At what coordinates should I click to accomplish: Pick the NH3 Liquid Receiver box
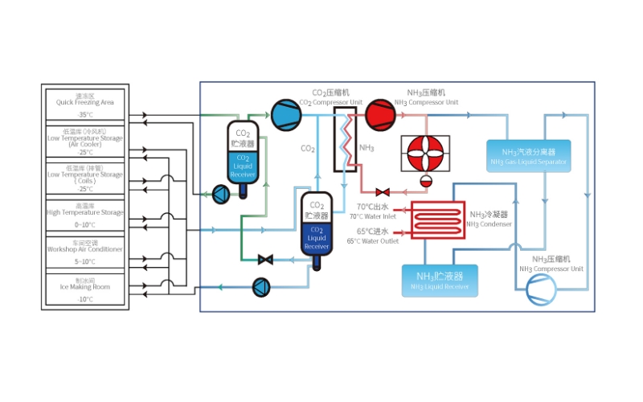(x=440, y=281)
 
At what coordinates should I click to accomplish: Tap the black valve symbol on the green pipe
(x=264, y=259)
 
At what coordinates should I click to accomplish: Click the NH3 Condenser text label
(x=489, y=219)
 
